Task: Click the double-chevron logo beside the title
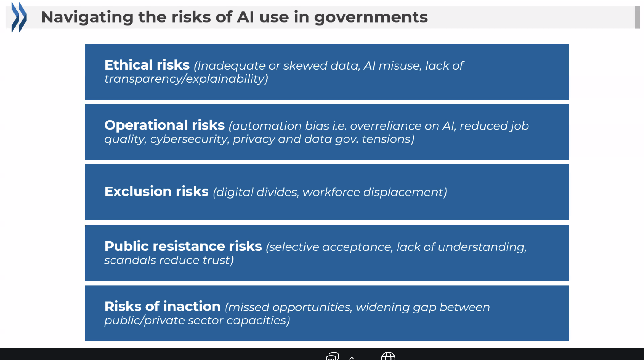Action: click(19, 17)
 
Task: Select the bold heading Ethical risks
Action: click(147, 65)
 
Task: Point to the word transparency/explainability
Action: click(186, 79)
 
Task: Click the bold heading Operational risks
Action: click(164, 125)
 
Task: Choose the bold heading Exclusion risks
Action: click(156, 191)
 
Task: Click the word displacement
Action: click(405, 192)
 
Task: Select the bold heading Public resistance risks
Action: click(183, 246)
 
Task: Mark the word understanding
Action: click(482, 247)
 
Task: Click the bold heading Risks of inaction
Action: click(162, 306)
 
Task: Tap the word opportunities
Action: click(312, 307)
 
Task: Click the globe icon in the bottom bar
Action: click(388, 356)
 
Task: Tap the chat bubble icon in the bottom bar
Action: click(332, 356)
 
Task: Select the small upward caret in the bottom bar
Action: click(352, 358)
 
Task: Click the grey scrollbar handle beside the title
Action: click(637, 17)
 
